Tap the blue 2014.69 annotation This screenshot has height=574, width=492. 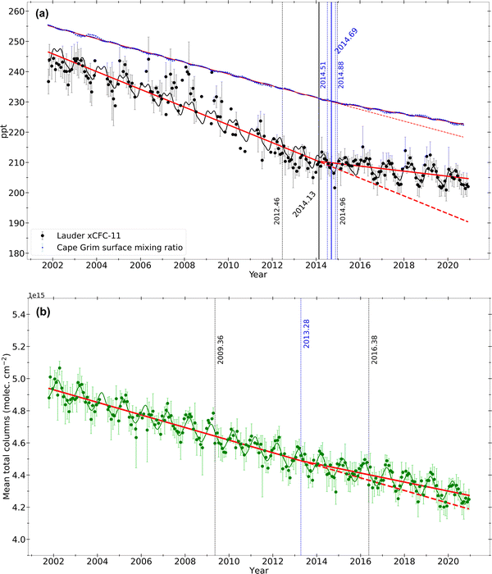(x=346, y=41)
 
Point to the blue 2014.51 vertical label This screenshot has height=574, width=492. (x=323, y=72)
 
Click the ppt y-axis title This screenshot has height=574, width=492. (x=7, y=130)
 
